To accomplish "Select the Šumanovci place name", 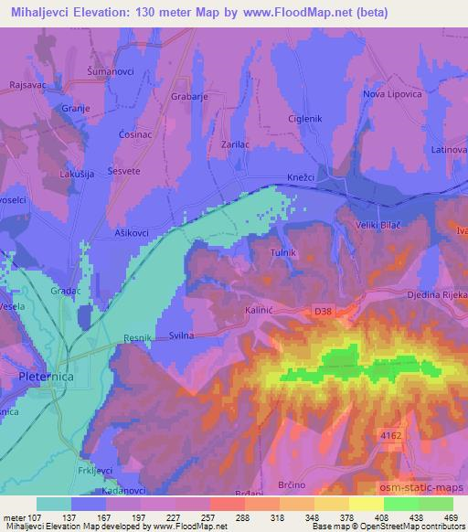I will [111, 70].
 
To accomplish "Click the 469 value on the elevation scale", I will [450, 517].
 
